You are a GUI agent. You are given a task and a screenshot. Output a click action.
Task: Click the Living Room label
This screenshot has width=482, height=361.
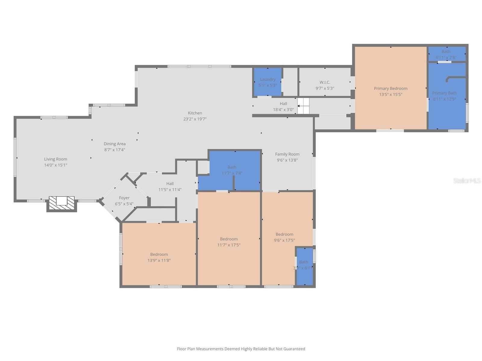(55, 159)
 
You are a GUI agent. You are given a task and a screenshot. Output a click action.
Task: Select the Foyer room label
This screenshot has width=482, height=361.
(124, 198)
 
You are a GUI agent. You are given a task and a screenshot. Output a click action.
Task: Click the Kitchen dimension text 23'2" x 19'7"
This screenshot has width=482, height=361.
(195, 119)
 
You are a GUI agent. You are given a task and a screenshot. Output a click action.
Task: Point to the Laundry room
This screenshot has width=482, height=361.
(268, 82)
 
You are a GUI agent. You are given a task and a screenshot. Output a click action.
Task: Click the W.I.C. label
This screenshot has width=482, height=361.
(325, 82)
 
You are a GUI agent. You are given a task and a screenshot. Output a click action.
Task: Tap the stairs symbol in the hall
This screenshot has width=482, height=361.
(303, 106)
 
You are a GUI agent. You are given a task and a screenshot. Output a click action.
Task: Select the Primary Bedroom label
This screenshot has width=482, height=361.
(390, 88)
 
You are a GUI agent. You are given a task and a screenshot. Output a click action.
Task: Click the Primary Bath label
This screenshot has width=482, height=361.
(444, 93)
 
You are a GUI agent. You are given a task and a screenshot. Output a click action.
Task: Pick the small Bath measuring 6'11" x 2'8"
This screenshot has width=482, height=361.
(446, 54)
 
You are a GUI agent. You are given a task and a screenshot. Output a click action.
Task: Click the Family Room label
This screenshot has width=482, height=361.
(287, 154)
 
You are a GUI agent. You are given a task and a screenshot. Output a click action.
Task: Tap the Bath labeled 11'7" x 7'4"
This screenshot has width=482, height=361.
(232, 170)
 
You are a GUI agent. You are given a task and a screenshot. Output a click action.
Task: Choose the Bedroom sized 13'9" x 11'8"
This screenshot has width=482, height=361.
(159, 257)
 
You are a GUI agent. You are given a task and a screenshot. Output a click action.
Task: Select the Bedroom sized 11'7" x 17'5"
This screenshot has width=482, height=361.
(229, 242)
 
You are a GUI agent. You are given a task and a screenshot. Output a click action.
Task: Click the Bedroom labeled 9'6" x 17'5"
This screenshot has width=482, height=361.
(284, 237)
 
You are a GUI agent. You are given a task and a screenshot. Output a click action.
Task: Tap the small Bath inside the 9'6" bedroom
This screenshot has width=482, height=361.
(304, 265)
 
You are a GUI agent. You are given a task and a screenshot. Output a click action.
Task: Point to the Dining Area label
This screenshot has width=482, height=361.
(114, 144)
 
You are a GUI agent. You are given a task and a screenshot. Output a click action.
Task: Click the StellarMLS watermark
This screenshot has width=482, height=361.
(467, 180)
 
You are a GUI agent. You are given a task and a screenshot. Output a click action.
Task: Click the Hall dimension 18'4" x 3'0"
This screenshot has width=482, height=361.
(283, 110)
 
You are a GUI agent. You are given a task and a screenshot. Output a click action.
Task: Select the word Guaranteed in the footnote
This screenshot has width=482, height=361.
(292, 349)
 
